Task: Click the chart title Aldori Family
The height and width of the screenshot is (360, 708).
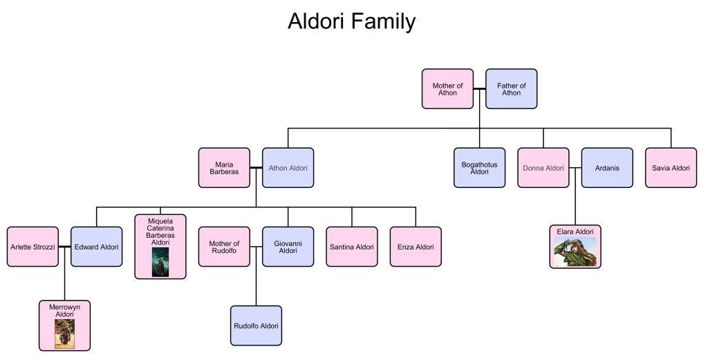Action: pyautogui.click(x=351, y=21)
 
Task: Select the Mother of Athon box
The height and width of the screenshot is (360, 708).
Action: pyautogui.click(x=447, y=88)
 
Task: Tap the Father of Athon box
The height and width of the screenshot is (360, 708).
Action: pyautogui.click(x=511, y=88)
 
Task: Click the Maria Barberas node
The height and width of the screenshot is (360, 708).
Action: pyautogui.click(x=224, y=168)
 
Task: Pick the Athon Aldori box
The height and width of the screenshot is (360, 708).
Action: pyautogui.click(x=288, y=168)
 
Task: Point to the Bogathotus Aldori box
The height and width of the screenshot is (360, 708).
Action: pyautogui.click(x=479, y=168)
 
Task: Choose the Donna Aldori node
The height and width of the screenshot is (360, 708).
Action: pyautogui.click(x=543, y=168)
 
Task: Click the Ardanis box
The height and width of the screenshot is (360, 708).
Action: pyautogui.click(x=606, y=168)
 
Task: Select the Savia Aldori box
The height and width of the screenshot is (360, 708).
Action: pyautogui.click(x=671, y=168)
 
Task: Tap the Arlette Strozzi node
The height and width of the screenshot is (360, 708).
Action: pyautogui.click(x=32, y=247)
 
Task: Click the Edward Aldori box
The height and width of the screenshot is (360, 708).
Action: pyautogui.click(x=96, y=247)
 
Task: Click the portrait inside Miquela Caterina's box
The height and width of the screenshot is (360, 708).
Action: pyautogui.click(x=160, y=262)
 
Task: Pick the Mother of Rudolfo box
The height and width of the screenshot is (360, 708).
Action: pyautogui.click(x=224, y=247)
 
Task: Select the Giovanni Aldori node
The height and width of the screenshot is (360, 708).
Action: pyautogui.click(x=288, y=247)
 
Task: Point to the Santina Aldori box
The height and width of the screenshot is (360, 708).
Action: pyautogui.click(x=352, y=247)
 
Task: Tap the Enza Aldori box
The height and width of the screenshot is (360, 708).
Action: pyautogui.click(x=416, y=247)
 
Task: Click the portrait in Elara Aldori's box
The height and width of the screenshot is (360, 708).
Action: pyautogui.click(x=575, y=252)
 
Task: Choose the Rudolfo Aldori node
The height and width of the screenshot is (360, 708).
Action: pyautogui.click(x=256, y=325)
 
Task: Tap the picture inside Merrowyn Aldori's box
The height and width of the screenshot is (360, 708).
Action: pyautogui.click(x=64, y=333)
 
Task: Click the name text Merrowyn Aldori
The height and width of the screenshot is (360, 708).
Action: pyautogui.click(x=64, y=310)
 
